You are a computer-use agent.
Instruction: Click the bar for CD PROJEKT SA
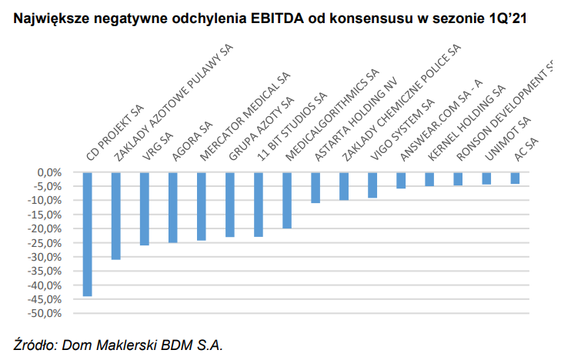pyautogui.click(x=88, y=234)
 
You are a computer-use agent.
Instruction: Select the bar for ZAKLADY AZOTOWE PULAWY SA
pyautogui.click(x=116, y=216)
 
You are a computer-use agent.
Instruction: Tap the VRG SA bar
pyautogui.click(x=145, y=208)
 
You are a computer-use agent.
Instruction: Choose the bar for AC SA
pyautogui.click(x=515, y=178)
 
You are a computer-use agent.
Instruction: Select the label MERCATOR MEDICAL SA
pyautogui.click(x=245, y=116)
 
